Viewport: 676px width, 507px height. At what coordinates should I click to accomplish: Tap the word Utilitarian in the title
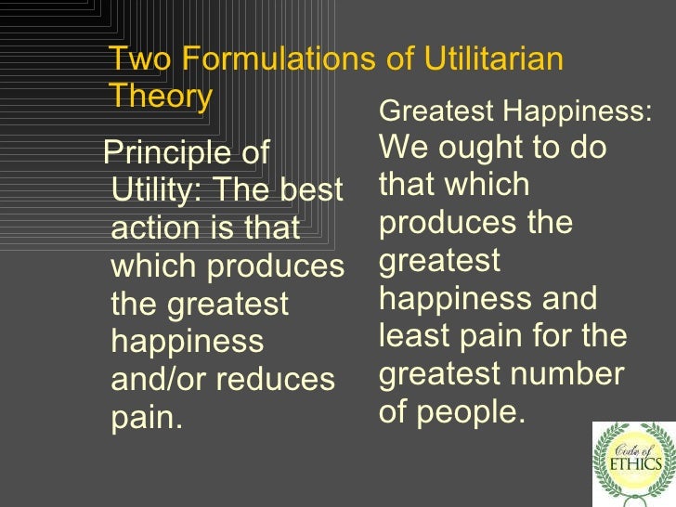point(494,59)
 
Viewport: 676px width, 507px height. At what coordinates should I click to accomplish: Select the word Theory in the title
point(161,97)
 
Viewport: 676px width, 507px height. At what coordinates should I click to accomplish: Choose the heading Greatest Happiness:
point(516,112)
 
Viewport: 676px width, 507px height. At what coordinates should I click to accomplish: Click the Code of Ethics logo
point(633,463)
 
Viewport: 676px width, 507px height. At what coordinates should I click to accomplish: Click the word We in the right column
point(401,149)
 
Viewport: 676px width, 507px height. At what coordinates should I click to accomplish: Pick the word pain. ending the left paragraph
point(147,418)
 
